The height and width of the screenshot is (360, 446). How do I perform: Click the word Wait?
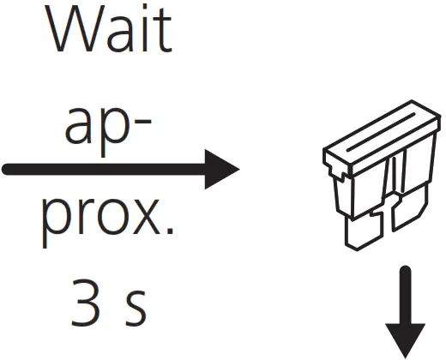point(108,28)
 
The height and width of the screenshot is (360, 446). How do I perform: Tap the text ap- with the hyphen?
point(108,132)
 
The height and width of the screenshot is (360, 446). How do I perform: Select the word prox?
point(108,222)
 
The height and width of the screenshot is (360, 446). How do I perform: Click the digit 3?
point(86,303)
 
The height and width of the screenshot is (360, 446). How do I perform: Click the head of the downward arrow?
point(405,340)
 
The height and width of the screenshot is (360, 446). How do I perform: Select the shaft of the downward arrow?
point(405,295)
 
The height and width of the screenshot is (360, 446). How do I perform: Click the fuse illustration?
point(382,175)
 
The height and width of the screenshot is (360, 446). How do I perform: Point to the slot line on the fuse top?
point(381,132)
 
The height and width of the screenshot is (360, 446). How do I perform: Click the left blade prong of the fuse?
point(364,231)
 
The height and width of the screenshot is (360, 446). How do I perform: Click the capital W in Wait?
point(74,28)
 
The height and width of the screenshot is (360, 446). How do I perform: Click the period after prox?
point(170,231)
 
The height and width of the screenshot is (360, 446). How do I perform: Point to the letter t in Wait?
point(162,32)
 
